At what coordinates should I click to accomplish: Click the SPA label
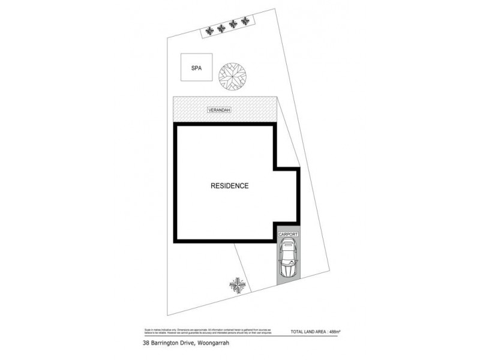click(x=196, y=68)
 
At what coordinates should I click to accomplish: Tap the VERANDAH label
click(x=220, y=110)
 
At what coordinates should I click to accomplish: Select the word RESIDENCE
click(x=229, y=186)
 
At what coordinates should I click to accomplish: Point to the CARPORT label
click(x=288, y=235)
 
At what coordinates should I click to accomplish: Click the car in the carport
click(x=288, y=259)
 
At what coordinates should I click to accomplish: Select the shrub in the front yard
click(x=238, y=284)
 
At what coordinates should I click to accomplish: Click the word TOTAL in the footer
click(x=297, y=331)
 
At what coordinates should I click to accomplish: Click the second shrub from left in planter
click(x=221, y=27)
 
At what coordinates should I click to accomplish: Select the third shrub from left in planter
click(x=233, y=25)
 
